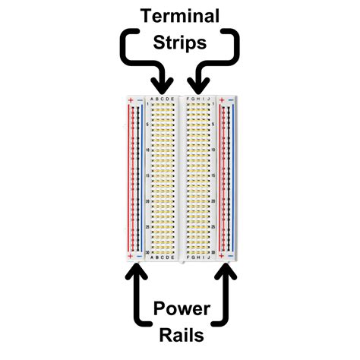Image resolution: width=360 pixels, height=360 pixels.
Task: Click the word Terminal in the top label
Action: [x=179, y=15]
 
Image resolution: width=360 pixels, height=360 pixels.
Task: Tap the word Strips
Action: [x=179, y=43]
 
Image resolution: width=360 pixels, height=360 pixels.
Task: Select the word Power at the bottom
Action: [x=180, y=309]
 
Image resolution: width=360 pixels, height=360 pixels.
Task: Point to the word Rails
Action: [x=180, y=335]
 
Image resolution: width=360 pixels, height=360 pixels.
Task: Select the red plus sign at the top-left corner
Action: [x=130, y=99]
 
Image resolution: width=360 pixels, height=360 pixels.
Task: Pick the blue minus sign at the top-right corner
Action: [x=231, y=99]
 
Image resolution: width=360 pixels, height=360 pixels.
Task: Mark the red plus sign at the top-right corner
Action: [x=220, y=99]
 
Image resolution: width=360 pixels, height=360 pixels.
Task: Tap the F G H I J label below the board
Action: [x=197, y=257]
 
